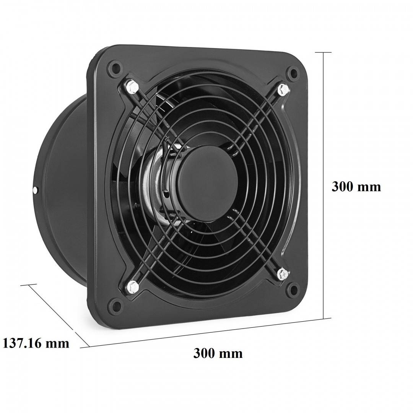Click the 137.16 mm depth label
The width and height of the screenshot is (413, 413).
(36, 343)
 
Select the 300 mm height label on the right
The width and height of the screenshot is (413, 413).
(356, 187)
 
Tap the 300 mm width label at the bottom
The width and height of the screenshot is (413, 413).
(218, 353)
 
